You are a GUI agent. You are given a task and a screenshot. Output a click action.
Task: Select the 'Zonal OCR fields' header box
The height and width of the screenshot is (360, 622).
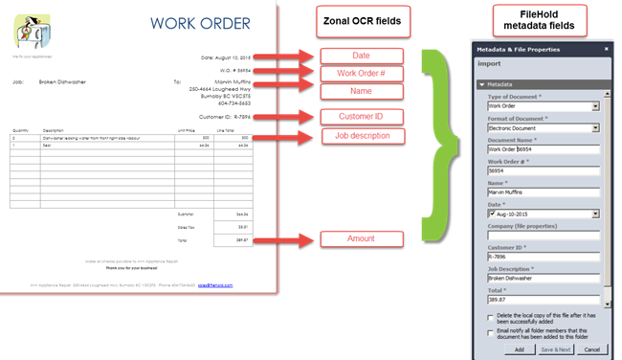(x=363, y=21)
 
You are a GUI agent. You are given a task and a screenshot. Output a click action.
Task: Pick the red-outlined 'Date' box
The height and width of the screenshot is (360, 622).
(x=361, y=56)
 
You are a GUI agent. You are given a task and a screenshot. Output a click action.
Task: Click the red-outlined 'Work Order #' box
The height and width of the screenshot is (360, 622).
(x=361, y=74)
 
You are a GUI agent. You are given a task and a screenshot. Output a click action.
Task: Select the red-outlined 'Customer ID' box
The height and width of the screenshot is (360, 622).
(x=361, y=117)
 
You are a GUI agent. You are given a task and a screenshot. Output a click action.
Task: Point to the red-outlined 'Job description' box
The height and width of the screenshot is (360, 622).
(x=361, y=136)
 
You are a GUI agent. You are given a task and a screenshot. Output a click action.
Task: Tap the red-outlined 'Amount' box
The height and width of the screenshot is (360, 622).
(x=361, y=238)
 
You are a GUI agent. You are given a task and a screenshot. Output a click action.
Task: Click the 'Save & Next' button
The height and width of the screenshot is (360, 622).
(x=556, y=349)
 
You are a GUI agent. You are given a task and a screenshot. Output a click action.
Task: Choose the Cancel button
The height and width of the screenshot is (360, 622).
(x=591, y=349)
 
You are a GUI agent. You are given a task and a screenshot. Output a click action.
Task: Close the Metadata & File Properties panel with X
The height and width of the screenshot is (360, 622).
(x=606, y=49)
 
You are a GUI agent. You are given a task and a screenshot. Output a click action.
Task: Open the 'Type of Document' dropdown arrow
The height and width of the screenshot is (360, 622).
(x=595, y=106)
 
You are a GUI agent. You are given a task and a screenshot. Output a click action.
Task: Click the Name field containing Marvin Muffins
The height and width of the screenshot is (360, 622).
(x=542, y=192)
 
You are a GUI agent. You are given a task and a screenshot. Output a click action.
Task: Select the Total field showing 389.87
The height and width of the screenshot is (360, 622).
(x=542, y=300)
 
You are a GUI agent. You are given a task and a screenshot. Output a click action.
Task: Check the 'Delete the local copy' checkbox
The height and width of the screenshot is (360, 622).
(x=491, y=318)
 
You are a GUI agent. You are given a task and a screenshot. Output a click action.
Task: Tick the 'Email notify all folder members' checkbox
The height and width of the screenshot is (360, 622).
(x=491, y=332)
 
